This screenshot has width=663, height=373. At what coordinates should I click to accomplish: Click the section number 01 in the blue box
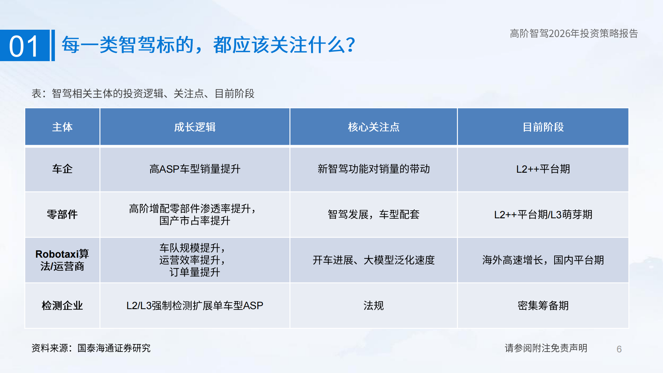tap(24, 46)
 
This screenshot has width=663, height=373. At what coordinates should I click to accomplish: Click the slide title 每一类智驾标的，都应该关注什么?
tap(208, 45)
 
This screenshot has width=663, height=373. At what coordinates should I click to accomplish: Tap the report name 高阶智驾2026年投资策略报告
tap(574, 34)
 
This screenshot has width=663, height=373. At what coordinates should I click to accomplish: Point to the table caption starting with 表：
tap(143, 93)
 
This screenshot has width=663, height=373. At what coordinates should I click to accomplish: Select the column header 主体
tap(62, 127)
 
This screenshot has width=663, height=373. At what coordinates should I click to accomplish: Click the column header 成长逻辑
tap(195, 127)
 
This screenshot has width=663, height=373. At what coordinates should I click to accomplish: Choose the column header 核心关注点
tap(374, 127)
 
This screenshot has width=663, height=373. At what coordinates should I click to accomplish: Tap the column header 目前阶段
tap(543, 127)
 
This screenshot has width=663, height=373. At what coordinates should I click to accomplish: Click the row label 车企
tap(62, 169)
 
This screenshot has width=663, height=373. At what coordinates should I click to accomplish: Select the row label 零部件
tap(62, 214)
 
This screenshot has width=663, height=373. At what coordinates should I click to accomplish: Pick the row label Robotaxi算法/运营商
tap(62, 260)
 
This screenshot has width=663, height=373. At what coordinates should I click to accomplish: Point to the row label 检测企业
tap(62, 306)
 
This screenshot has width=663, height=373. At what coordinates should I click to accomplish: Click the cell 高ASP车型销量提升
tap(195, 169)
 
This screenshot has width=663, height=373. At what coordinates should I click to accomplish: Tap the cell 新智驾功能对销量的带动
tap(374, 169)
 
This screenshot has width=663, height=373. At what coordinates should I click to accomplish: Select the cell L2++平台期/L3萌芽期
tap(543, 214)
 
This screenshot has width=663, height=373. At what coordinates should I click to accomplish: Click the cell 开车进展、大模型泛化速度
tap(374, 260)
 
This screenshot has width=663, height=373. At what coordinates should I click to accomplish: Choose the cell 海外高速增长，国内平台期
tap(543, 260)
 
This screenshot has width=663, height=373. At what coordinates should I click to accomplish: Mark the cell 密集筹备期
tap(543, 306)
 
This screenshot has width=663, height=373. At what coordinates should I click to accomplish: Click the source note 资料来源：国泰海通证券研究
tap(91, 348)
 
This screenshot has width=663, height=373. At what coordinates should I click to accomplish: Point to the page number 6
tap(619, 349)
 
